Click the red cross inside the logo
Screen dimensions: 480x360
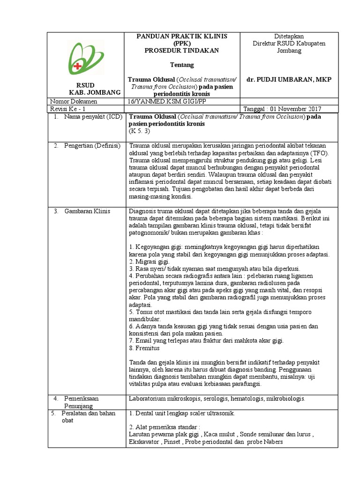click(x=77, y=66)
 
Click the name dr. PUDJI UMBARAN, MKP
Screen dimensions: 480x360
click(x=289, y=80)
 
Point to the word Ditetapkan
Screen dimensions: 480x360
click(x=289, y=37)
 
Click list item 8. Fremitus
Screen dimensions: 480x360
click(x=144, y=348)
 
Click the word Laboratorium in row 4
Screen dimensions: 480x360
click(x=149, y=398)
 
